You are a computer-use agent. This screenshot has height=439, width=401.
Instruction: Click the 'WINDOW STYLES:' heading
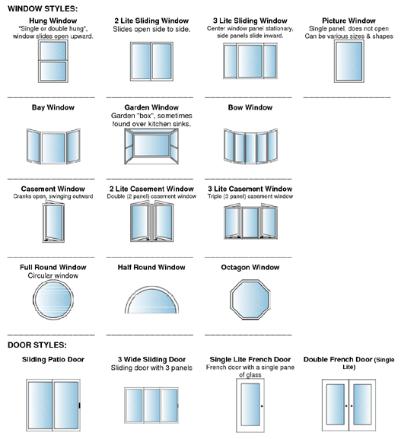(43, 8)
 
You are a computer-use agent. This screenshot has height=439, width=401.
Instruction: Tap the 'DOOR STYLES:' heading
(37, 345)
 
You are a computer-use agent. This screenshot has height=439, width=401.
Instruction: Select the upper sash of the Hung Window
(53, 51)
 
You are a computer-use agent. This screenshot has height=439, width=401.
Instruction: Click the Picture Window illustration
(349, 62)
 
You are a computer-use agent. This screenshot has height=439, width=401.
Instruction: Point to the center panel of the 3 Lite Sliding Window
(250, 61)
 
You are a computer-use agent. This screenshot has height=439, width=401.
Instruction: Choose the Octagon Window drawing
(250, 299)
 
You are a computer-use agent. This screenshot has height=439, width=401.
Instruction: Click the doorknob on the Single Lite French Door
(262, 406)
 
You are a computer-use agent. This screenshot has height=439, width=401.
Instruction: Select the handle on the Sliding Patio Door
(80, 405)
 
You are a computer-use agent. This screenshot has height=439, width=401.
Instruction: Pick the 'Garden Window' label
(151, 107)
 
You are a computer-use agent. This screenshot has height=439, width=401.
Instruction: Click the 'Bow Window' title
(250, 107)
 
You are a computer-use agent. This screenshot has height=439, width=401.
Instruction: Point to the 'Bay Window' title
(53, 107)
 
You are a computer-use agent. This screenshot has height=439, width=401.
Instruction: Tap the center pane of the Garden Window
(151, 145)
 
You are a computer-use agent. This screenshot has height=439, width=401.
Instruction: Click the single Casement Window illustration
(53, 222)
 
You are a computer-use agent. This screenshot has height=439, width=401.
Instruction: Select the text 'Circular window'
(53, 275)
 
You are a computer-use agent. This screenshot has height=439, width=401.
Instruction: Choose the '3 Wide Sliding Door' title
(151, 359)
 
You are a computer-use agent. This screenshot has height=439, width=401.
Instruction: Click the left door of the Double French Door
(336, 405)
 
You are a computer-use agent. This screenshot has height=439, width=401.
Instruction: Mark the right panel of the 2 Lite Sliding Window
(162, 62)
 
